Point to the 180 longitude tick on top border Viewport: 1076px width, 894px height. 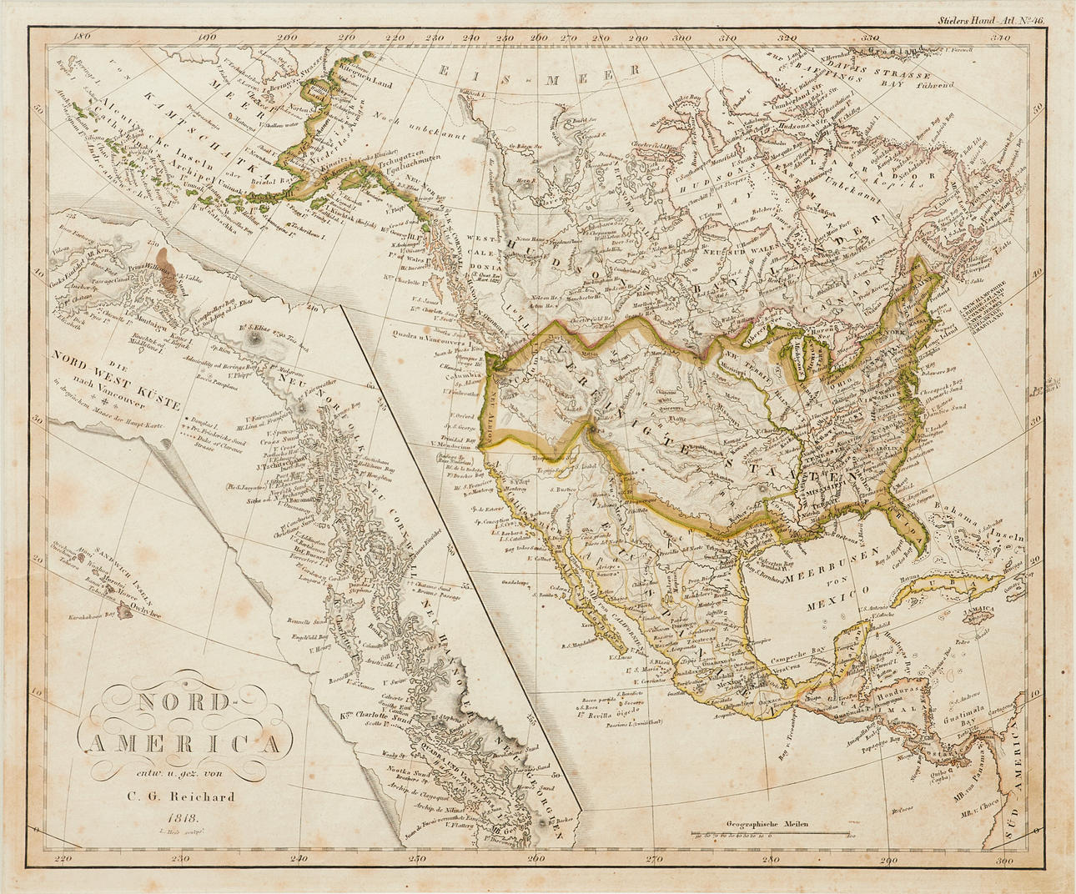(x=81, y=37)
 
